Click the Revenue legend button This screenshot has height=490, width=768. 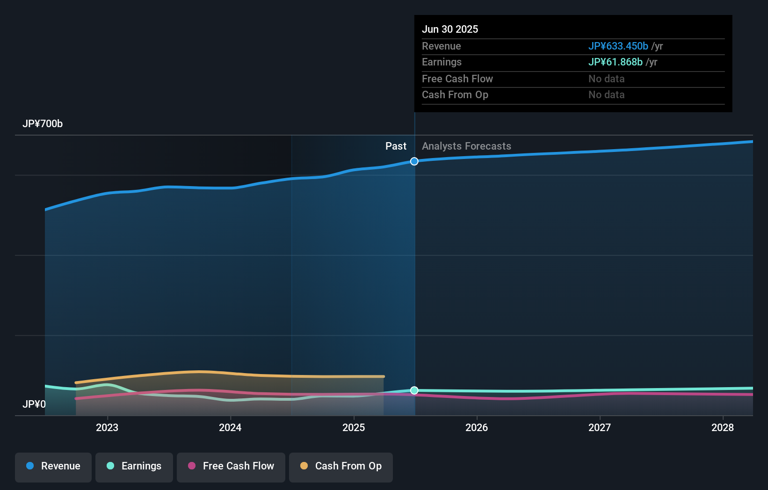(x=53, y=467)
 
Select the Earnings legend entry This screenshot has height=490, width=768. (x=134, y=467)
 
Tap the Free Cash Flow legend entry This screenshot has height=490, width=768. (x=231, y=467)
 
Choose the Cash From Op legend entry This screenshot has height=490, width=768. (x=341, y=467)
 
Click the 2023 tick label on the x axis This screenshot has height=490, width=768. (x=107, y=428)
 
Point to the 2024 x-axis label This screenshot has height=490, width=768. (x=230, y=428)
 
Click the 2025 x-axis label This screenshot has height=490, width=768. (x=354, y=428)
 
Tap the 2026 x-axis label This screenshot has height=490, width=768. (x=477, y=428)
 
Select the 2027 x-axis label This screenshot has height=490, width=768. (x=600, y=428)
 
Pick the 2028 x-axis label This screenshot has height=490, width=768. (x=723, y=428)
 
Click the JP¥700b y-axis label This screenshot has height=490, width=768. (x=43, y=124)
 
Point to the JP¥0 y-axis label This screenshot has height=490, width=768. (x=34, y=404)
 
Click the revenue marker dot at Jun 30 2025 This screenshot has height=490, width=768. (x=414, y=161)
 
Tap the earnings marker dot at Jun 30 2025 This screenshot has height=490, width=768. (x=414, y=390)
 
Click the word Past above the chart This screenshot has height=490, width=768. (x=396, y=146)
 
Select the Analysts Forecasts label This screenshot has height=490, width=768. (x=466, y=146)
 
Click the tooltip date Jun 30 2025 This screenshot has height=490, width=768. (x=450, y=29)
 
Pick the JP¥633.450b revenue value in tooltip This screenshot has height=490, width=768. (x=618, y=46)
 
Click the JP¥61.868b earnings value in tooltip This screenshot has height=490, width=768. (x=615, y=62)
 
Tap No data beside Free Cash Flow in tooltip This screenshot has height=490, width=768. (x=606, y=79)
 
